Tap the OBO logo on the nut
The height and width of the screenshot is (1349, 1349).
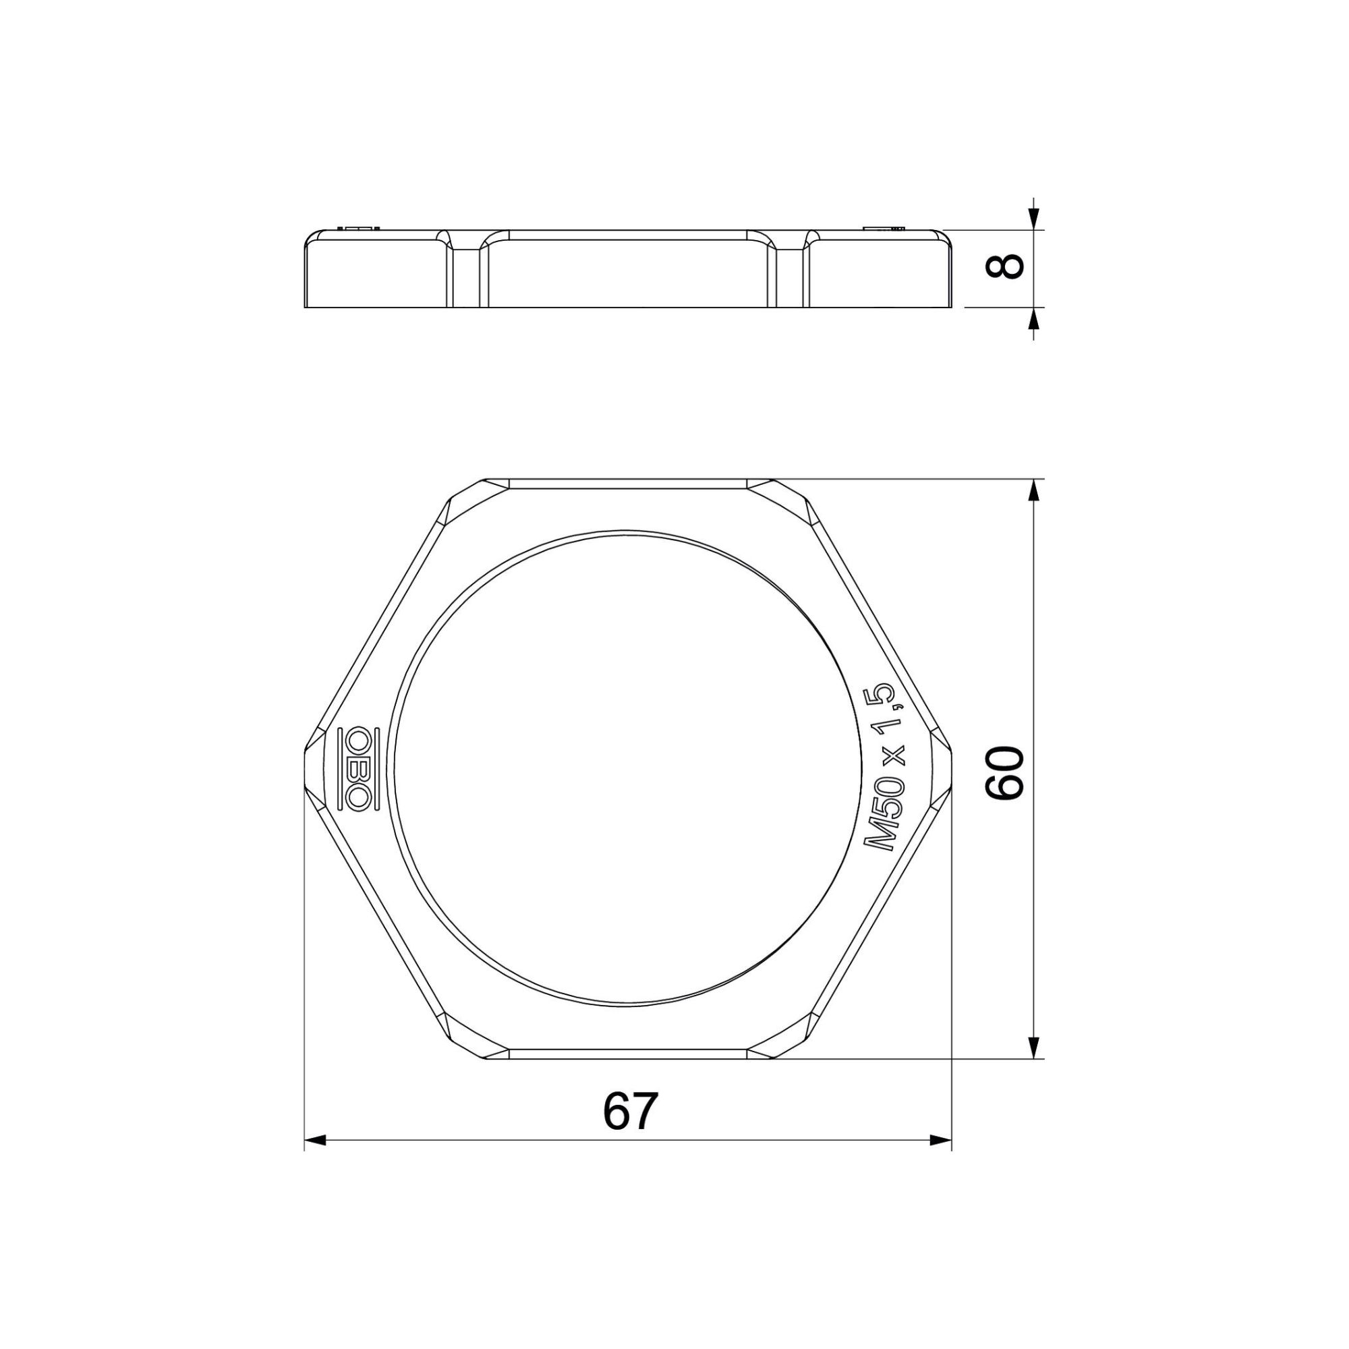pos(357,769)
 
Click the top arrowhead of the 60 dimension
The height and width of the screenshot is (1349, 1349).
pos(1035,492)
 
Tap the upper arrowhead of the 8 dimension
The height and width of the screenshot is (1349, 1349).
pos(1035,219)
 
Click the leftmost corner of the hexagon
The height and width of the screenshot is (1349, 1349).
pos(307,769)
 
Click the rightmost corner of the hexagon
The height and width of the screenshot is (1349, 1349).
pos(950,769)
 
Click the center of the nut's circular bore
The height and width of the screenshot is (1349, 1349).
pos(629,768)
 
